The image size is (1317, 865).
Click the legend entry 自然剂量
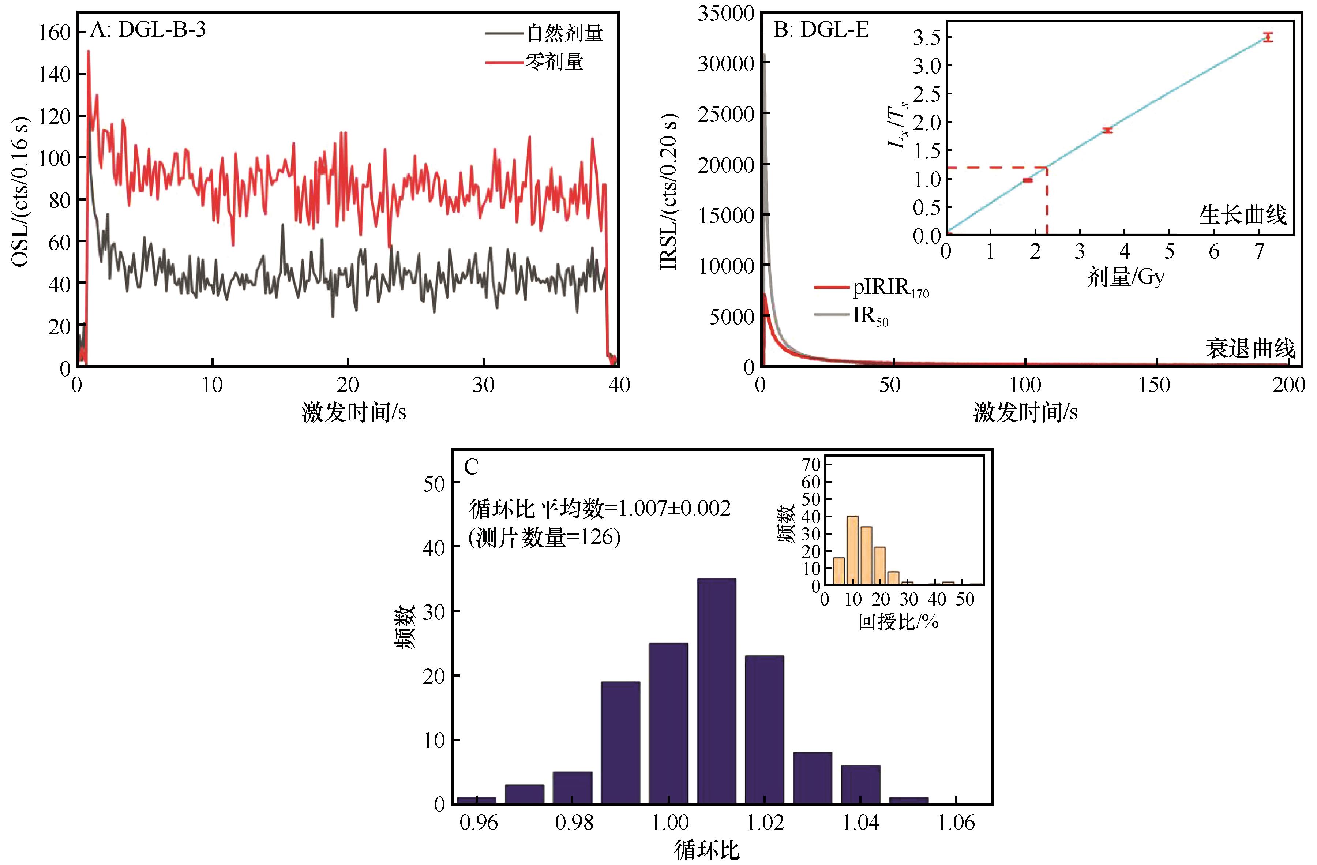pyautogui.click(x=564, y=33)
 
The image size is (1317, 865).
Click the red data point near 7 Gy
pyautogui.click(x=1268, y=37)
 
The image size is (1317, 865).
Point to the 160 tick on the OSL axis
pyautogui.click(x=54, y=33)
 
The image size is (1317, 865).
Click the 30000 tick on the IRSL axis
pyautogui.click(x=725, y=63)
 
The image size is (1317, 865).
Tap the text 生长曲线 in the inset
pyautogui.click(x=1243, y=215)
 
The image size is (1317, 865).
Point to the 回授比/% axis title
pyautogui.click(x=898, y=622)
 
